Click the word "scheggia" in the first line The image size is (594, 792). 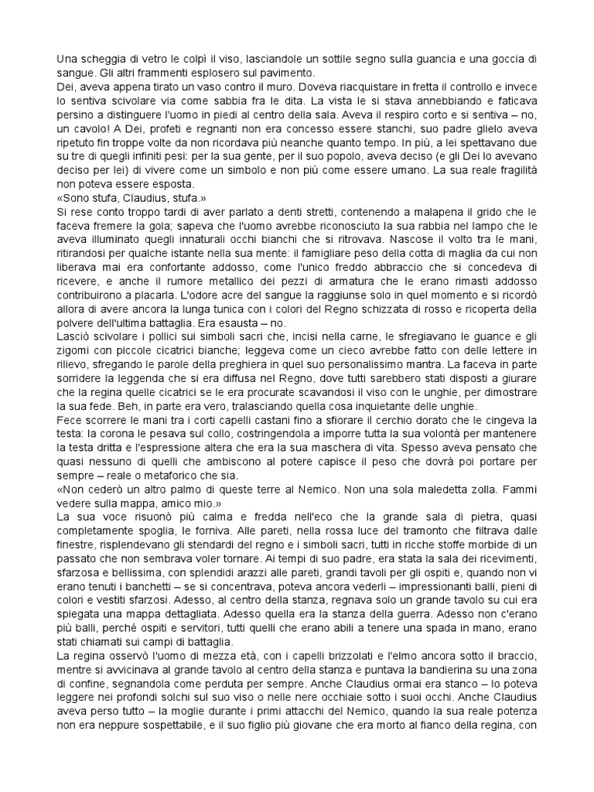click(103, 60)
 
